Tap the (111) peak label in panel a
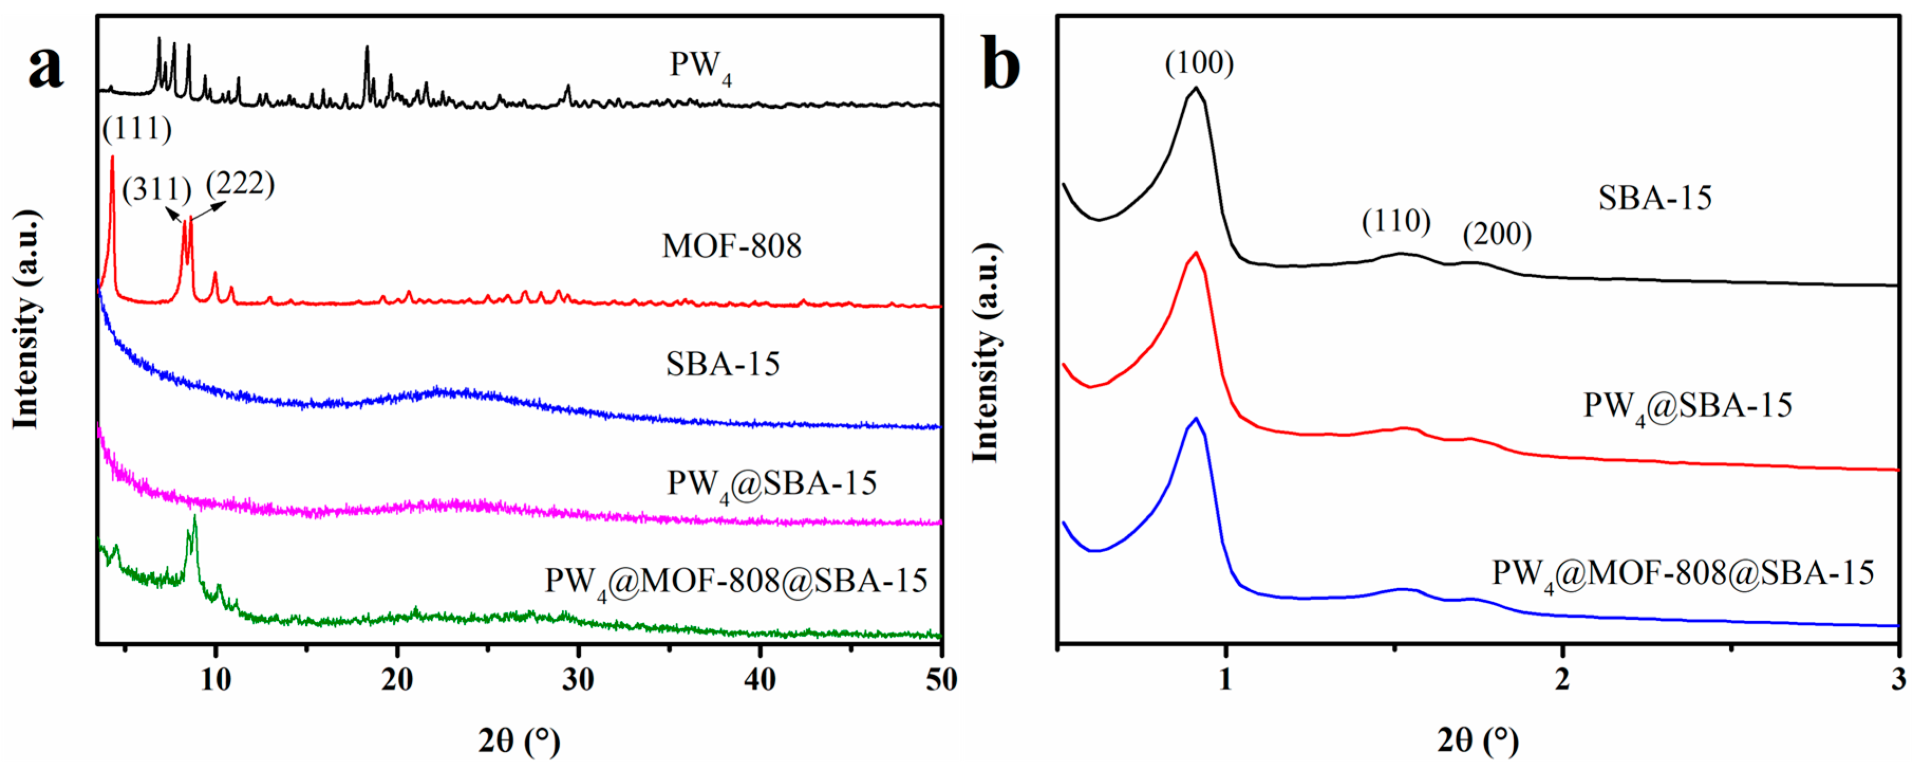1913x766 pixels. click(137, 129)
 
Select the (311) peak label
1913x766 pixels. click(157, 190)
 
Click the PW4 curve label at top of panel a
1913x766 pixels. click(700, 66)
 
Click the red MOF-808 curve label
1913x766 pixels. click(731, 245)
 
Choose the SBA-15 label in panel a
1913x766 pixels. click(722, 364)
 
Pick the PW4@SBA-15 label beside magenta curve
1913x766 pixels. click(771, 484)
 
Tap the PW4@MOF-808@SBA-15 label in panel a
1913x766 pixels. click(736, 581)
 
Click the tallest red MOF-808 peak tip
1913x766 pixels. click(112, 157)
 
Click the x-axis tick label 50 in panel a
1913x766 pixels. click(941, 679)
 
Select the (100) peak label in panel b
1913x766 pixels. click(1199, 63)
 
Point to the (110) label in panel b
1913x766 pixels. click(1396, 221)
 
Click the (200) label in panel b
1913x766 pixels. click(1497, 234)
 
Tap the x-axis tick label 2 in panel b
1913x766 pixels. click(1562, 679)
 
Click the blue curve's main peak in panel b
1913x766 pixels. click(1195, 419)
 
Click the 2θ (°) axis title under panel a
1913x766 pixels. click(519, 740)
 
